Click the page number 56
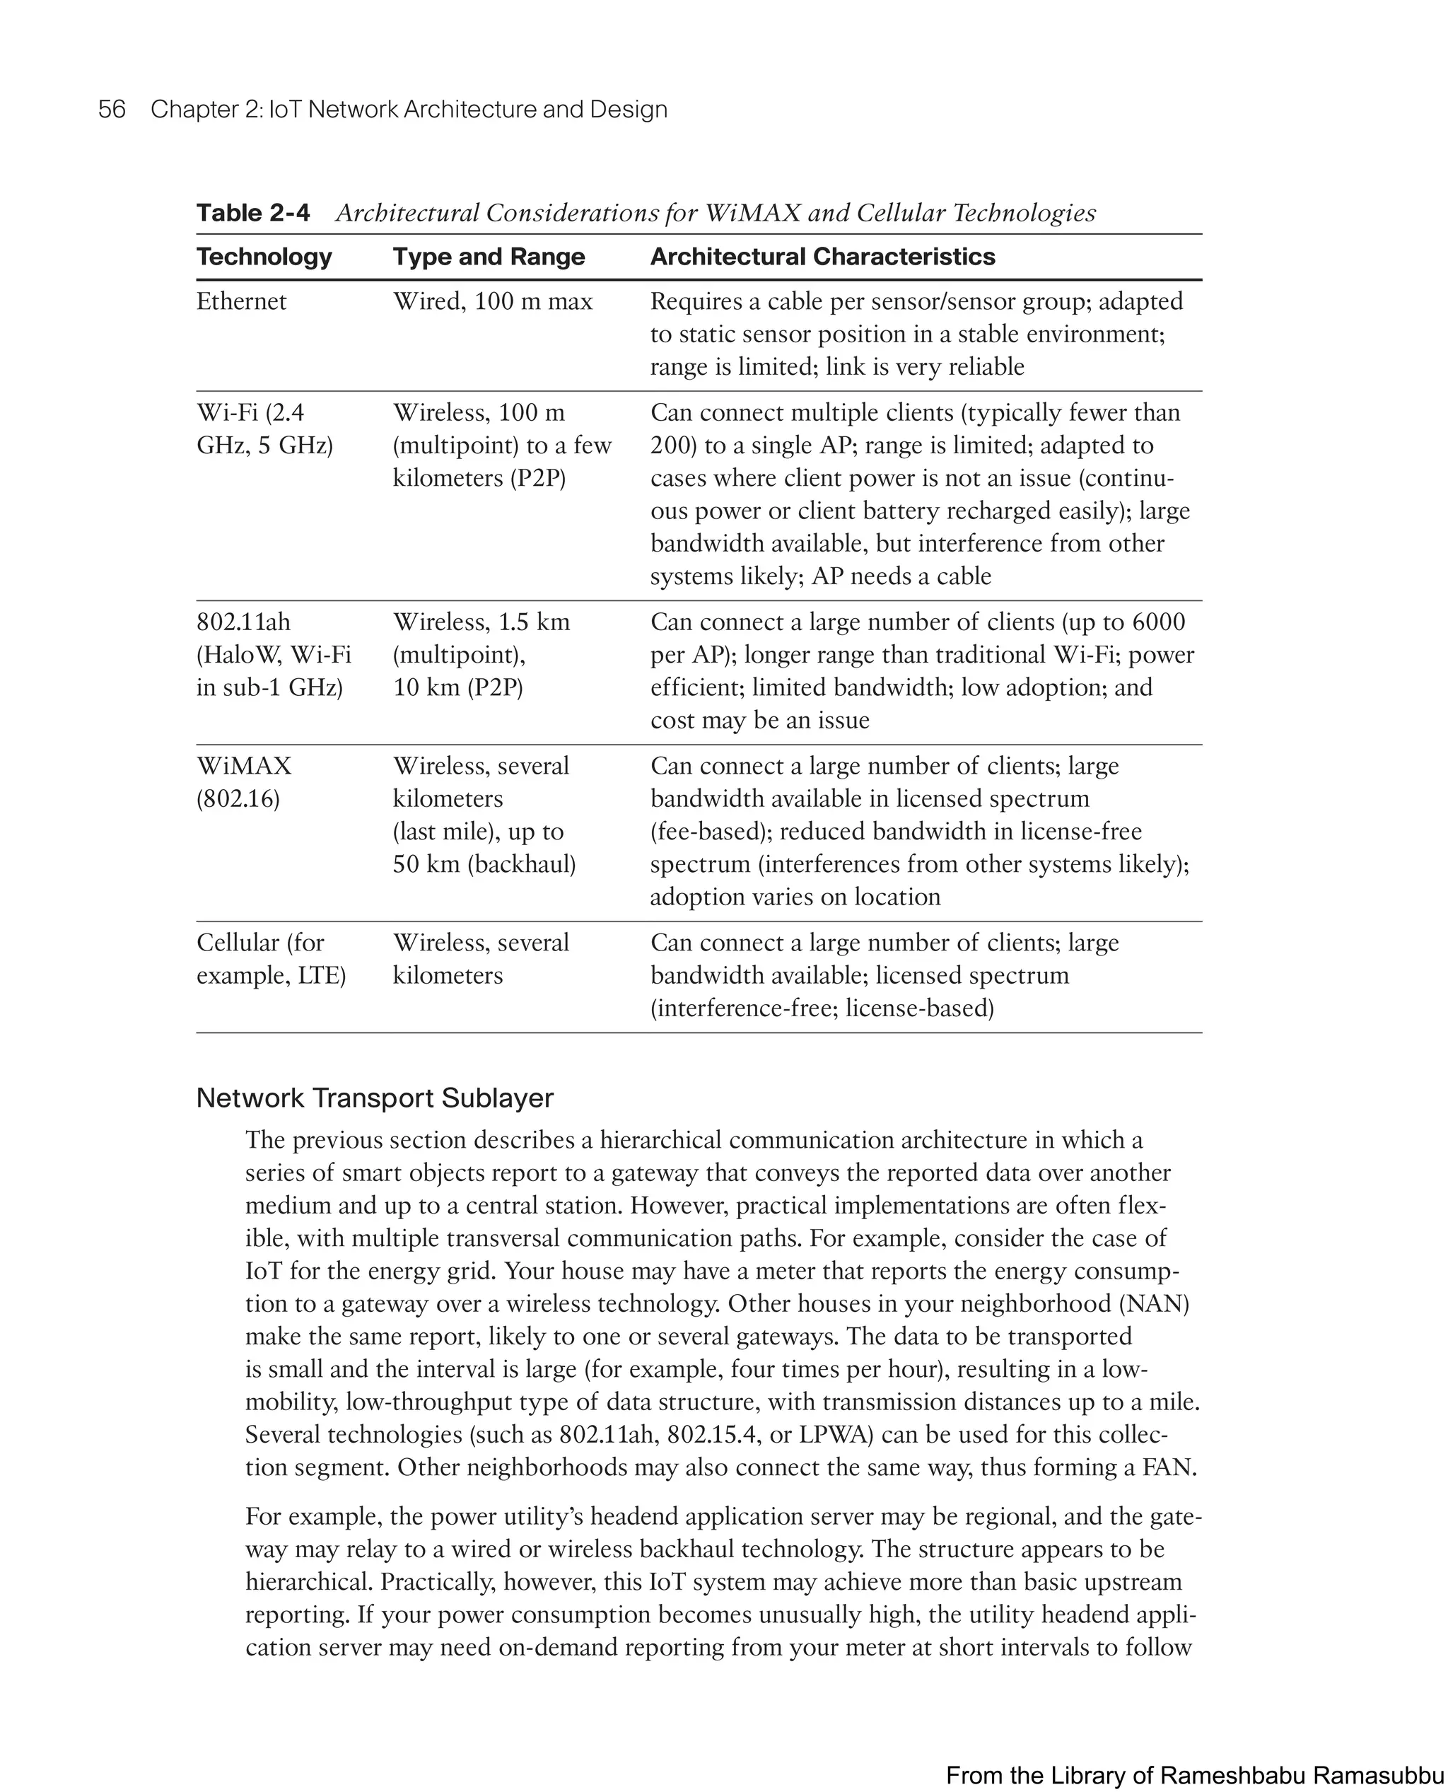(x=112, y=110)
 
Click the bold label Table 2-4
(x=252, y=214)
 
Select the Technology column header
(x=264, y=257)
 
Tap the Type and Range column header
(x=489, y=257)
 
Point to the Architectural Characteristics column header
(x=822, y=257)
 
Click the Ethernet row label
(x=241, y=301)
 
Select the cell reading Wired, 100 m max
(x=493, y=301)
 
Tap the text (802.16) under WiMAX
(x=238, y=799)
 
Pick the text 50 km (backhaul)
(x=484, y=864)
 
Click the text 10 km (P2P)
(x=458, y=687)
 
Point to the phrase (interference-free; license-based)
(x=822, y=1008)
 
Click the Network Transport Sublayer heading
(x=375, y=1098)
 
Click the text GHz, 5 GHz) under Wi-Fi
(x=264, y=446)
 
